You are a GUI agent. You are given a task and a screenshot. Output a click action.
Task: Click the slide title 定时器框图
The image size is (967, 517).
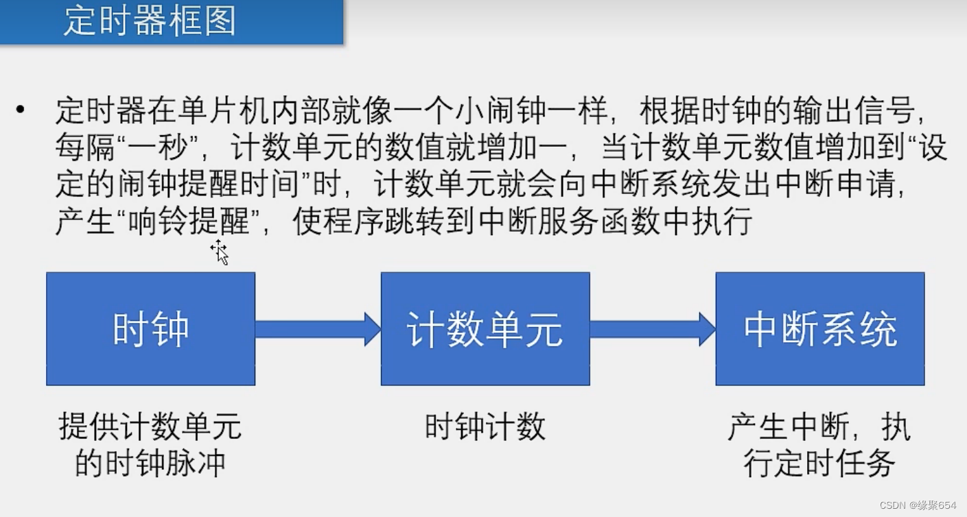tap(150, 21)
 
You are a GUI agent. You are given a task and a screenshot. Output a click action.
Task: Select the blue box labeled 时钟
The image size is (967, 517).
tap(150, 329)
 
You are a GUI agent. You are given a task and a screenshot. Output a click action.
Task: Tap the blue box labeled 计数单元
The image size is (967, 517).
tap(485, 329)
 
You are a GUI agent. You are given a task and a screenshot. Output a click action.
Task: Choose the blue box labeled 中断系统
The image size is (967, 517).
tap(819, 329)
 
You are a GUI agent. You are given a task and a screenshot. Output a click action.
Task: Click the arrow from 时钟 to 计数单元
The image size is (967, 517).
tap(317, 329)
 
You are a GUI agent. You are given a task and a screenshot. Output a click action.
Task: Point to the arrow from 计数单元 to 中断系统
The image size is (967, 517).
tap(652, 329)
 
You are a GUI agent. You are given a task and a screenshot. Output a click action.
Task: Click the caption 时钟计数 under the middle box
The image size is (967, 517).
tap(485, 427)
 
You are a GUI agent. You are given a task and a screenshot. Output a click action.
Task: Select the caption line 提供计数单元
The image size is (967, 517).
tap(150, 427)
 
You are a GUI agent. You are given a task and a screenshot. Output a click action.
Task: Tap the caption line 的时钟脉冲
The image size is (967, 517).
tap(150, 464)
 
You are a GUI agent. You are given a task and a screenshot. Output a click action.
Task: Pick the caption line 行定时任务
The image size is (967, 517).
tap(819, 464)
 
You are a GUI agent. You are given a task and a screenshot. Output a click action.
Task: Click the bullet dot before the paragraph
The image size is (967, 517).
tap(20, 110)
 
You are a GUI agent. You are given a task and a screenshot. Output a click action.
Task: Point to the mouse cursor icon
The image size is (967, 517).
tap(220, 252)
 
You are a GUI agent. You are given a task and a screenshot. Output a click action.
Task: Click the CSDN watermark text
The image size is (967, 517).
tap(918, 505)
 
